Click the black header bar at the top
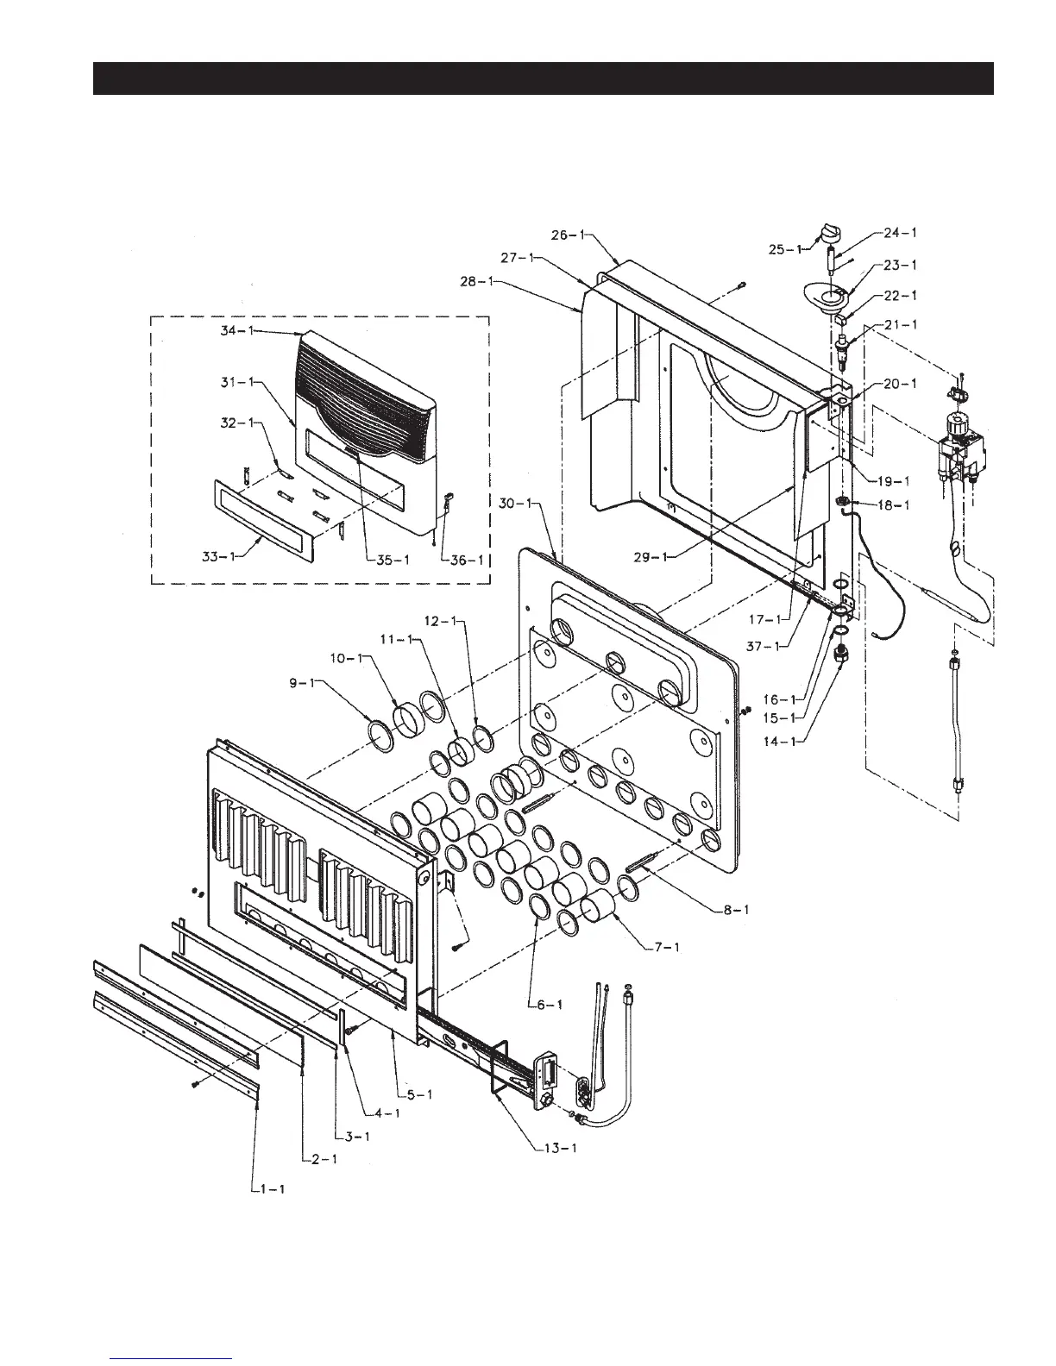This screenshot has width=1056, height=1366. tap(544, 78)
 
